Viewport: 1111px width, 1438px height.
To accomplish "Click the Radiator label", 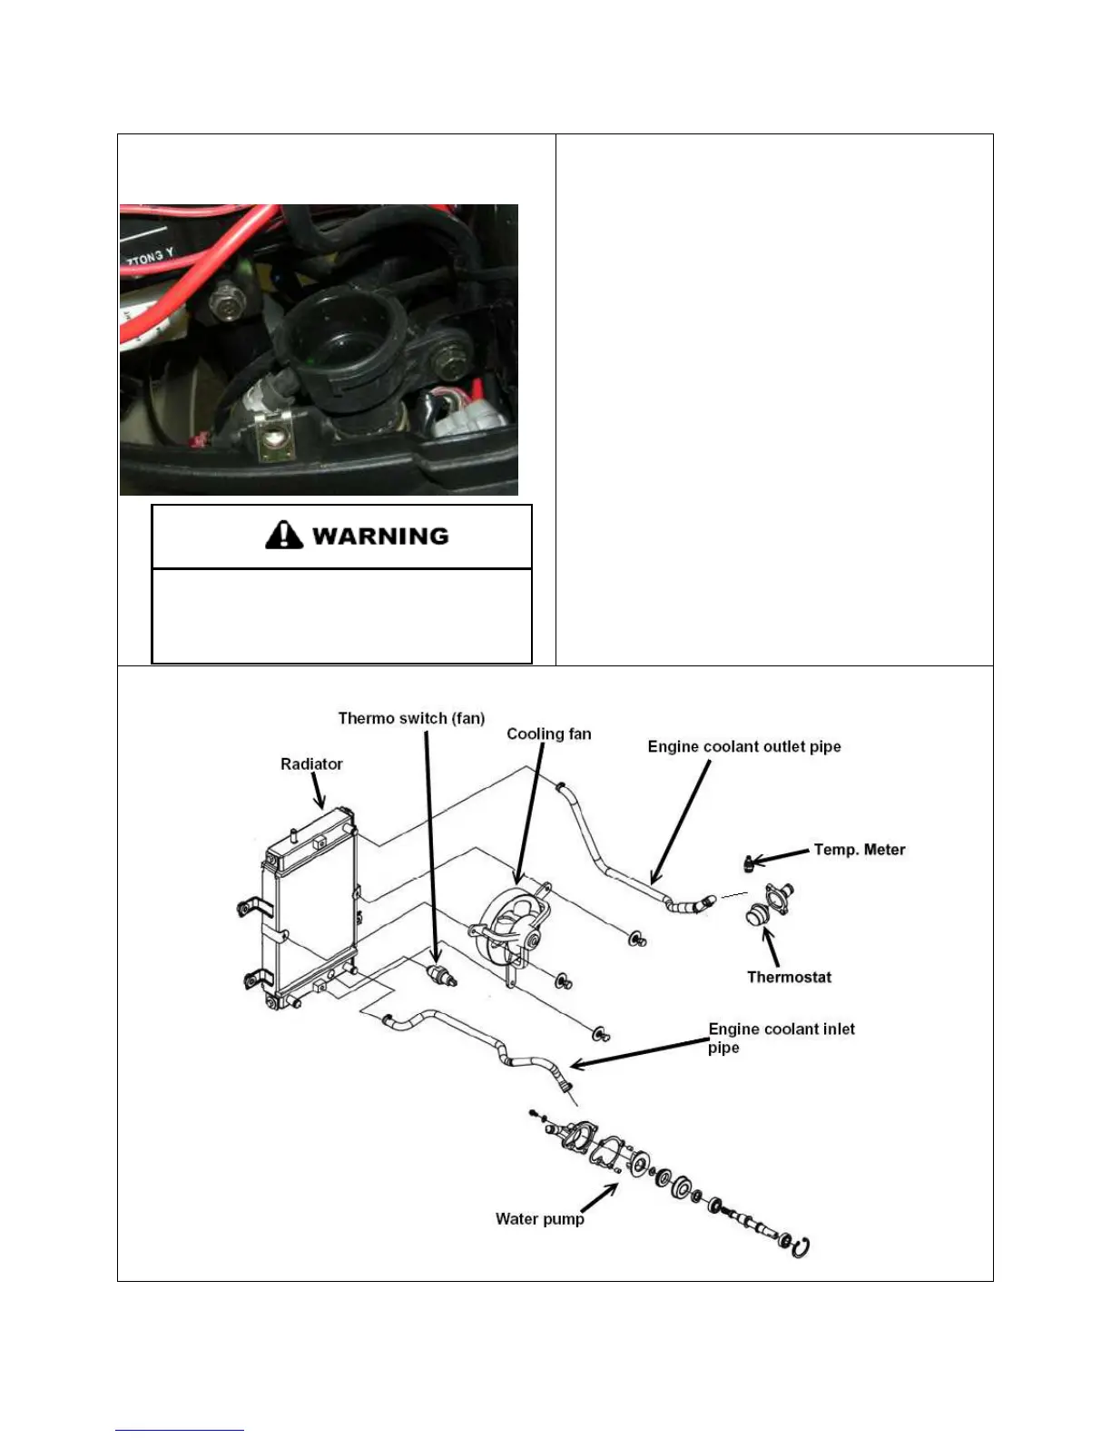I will pos(311,764).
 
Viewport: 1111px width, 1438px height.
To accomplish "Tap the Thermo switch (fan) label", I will pos(411,718).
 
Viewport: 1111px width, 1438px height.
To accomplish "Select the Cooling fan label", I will pos(548,734).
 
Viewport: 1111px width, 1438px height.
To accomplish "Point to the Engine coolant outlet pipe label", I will pos(744,746).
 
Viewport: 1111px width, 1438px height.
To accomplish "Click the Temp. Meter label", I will pos(859,850).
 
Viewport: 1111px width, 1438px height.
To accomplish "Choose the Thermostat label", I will pos(789,977).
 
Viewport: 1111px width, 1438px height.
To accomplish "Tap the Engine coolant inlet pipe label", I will pos(781,1038).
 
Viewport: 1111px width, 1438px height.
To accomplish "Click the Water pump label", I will pos(539,1218).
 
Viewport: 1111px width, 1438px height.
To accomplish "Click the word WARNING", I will pos(380,536).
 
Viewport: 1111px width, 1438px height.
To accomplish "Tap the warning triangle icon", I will pos(284,535).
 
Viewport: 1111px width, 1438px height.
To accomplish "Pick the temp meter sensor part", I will pos(748,862).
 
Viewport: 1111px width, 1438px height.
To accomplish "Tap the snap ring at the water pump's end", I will pos(800,1248).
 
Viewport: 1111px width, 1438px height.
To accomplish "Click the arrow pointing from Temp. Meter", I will pos(780,855).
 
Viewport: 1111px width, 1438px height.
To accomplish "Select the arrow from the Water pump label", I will pos(600,1197).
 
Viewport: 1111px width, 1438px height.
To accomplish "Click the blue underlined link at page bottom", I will pos(180,1430).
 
